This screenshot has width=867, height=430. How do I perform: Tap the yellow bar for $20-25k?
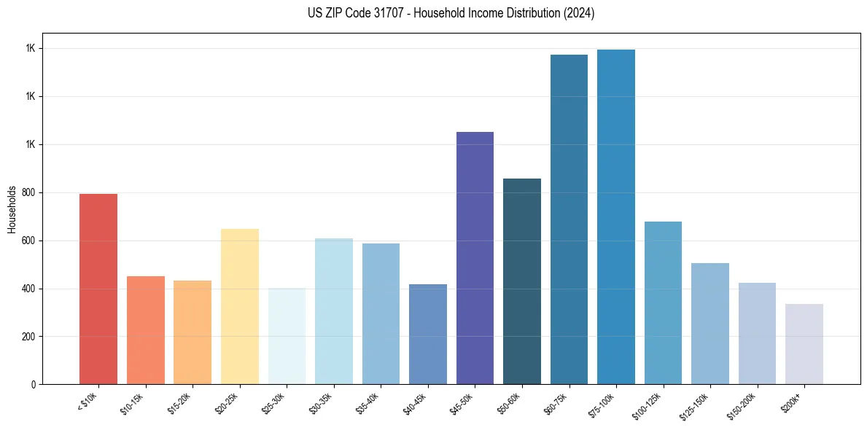pos(239,307)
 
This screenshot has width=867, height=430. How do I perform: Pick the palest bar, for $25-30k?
pos(287,336)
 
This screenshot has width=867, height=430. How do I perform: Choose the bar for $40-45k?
pos(427,335)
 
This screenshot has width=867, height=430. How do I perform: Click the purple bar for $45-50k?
pos(475,258)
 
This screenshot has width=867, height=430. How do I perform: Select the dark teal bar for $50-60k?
pos(522,281)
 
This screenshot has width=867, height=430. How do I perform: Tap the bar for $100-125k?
pos(663,303)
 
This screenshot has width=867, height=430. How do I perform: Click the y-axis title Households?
pos(12,209)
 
